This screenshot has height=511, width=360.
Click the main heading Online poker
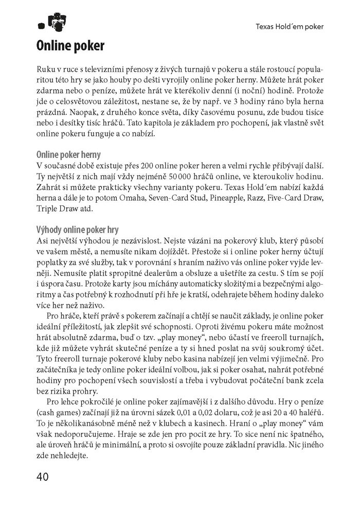point(70,46)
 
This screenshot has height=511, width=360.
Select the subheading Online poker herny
point(68,154)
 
